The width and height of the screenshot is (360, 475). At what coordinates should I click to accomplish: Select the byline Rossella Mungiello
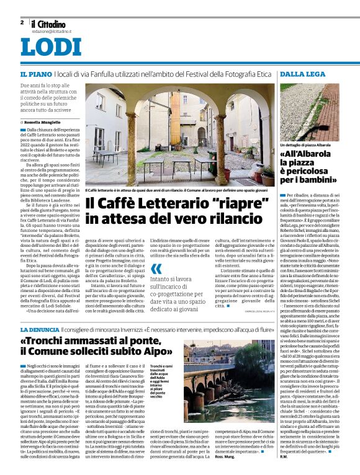tap(47, 123)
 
